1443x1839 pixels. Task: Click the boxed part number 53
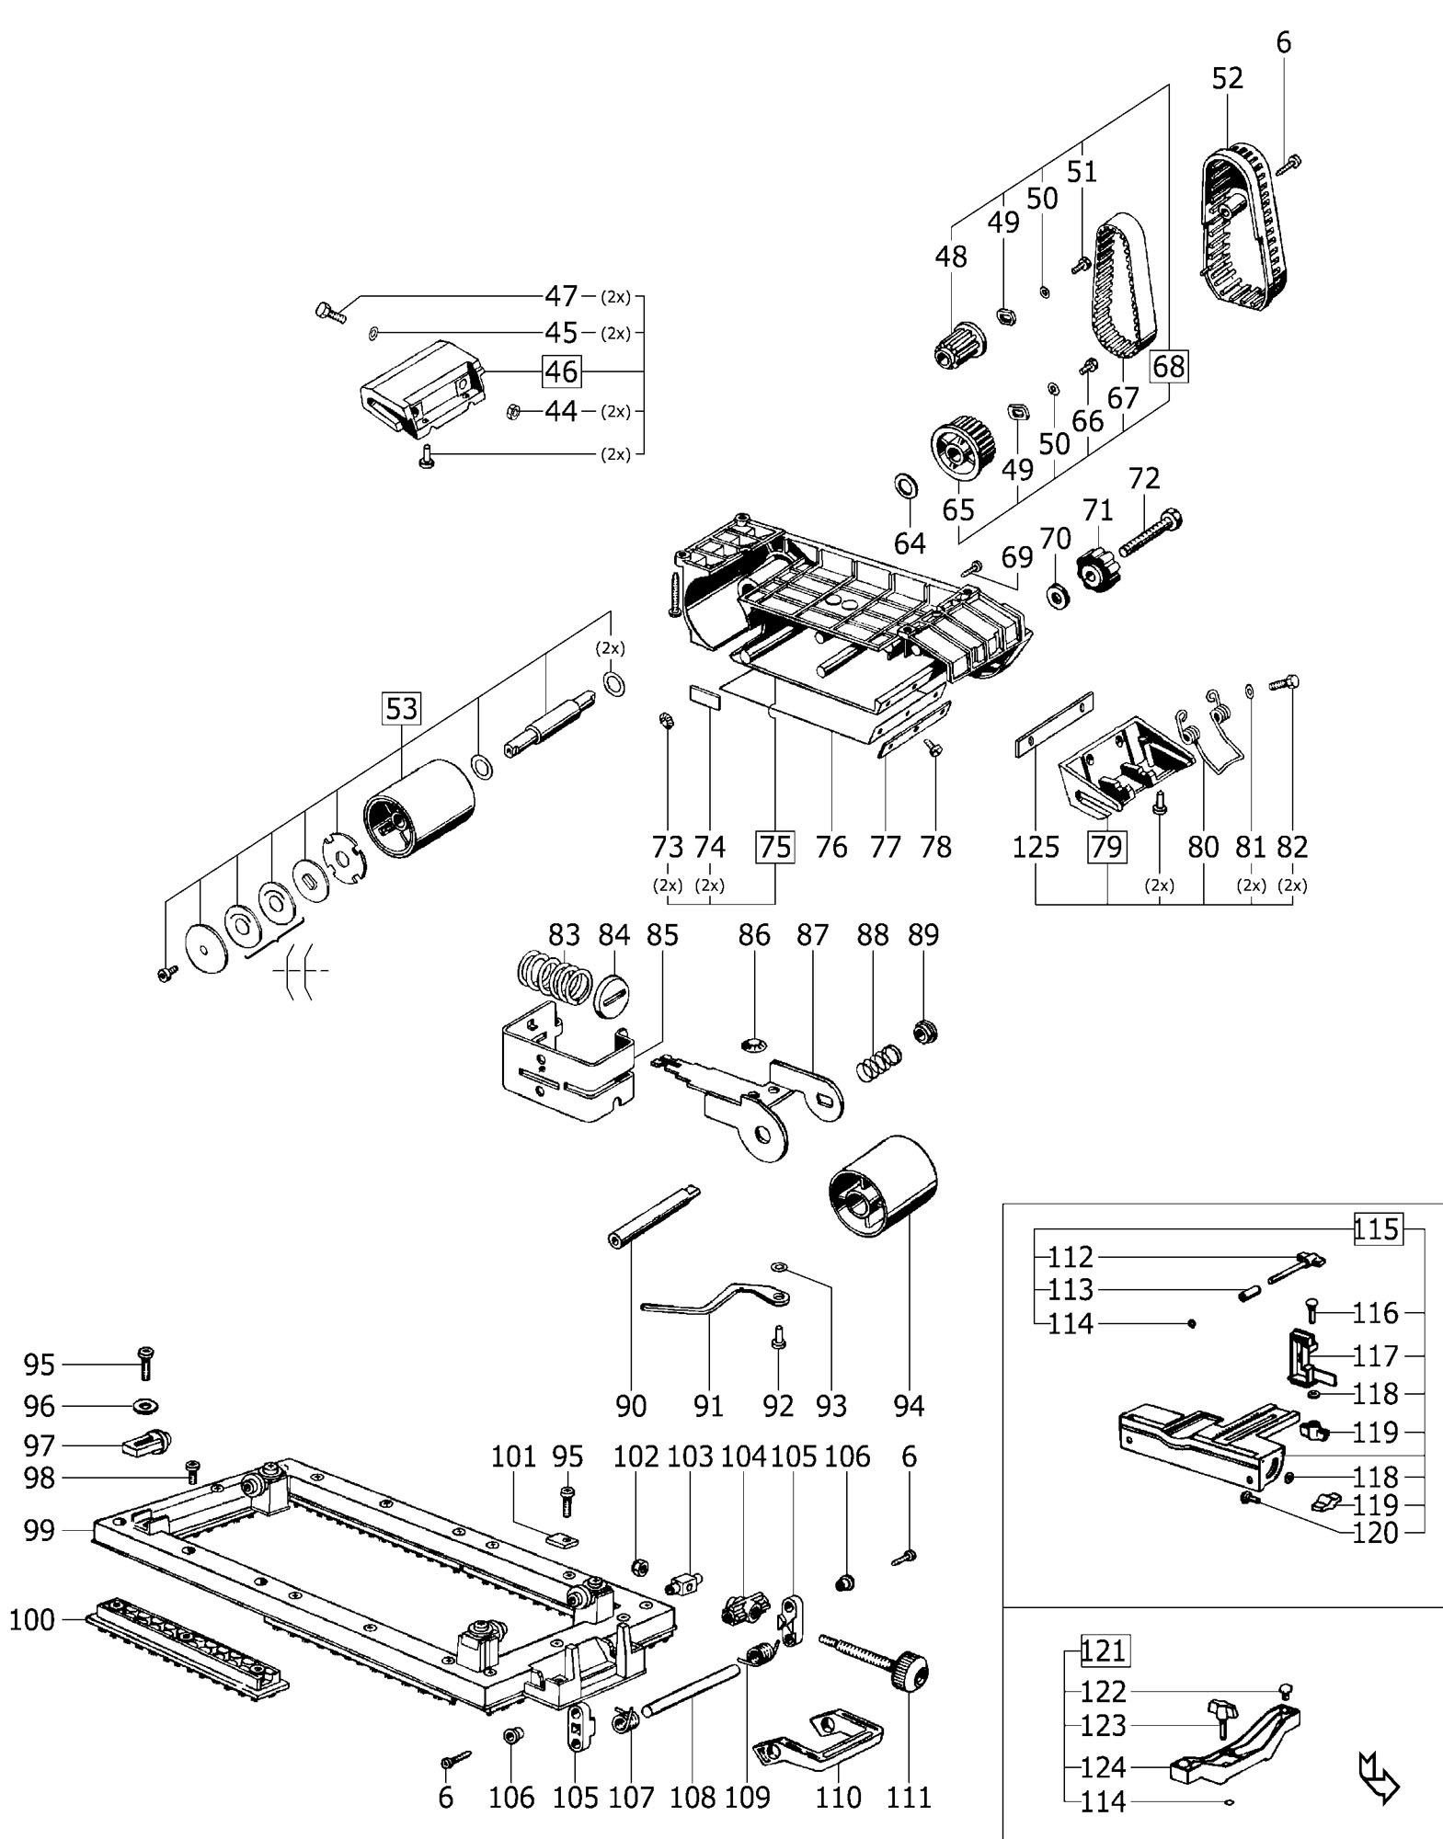tap(402, 709)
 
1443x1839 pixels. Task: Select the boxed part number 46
tap(561, 371)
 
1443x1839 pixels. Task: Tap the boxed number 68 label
tap(1168, 367)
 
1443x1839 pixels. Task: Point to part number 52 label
tap(1227, 79)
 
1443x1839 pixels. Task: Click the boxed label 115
tap(1377, 1229)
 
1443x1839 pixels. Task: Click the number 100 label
tap(32, 1619)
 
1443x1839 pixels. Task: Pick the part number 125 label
tap(1036, 847)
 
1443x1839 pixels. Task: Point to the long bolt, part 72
tap(1150, 532)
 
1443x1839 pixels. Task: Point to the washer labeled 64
tap(905, 484)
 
